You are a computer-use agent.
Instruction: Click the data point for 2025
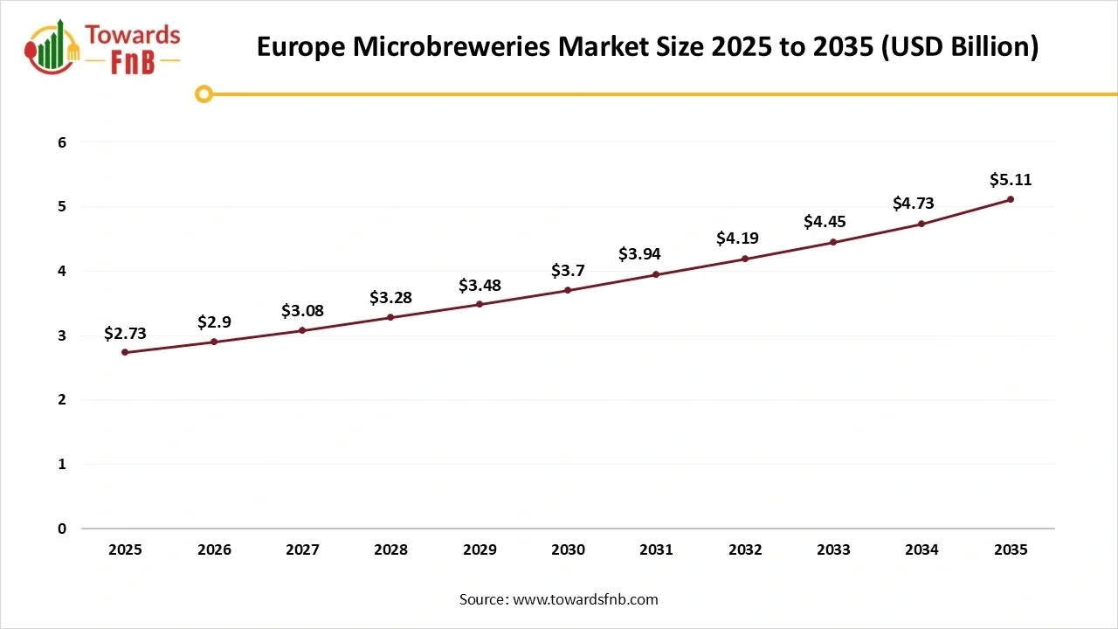[x=125, y=352]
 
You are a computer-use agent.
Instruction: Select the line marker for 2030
[x=568, y=290]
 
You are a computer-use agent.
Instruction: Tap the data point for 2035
[x=1011, y=199]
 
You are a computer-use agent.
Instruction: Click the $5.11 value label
[x=1011, y=180]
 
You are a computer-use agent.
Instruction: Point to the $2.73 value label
[x=125, y=333]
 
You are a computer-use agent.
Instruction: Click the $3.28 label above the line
[x=390, y=298]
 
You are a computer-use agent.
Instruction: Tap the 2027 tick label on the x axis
[x=302, y=550]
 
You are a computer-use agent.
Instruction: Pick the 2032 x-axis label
[x=745, y=550]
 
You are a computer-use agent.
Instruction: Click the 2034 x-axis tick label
[x=921, y=550]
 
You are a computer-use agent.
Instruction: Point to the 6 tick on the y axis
[x=62, y=142]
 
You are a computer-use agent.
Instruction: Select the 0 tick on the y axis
[x=62, y=529]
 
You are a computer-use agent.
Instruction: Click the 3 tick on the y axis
[x=62, y=335]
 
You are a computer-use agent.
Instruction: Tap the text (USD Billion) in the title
[x=958, y=47]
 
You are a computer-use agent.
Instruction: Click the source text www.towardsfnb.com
[x=585, y=599]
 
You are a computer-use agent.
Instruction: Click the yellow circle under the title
[x=204, y=94]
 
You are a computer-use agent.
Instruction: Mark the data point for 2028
[x=390, y=317]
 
